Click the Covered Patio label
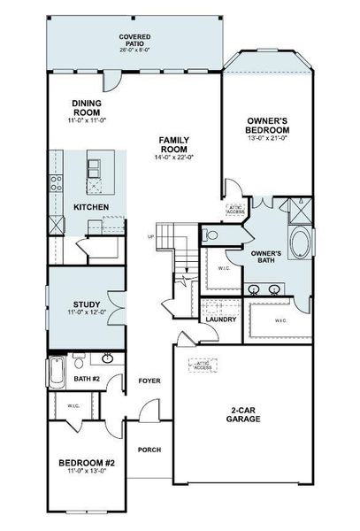136,39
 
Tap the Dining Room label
88,109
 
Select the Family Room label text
177,145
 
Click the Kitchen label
91,207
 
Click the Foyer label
148,381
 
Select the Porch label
149,450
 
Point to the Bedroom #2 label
88,462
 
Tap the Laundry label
220,319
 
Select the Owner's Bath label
265,258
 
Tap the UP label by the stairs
150,236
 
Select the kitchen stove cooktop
56,184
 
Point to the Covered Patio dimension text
136,50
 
